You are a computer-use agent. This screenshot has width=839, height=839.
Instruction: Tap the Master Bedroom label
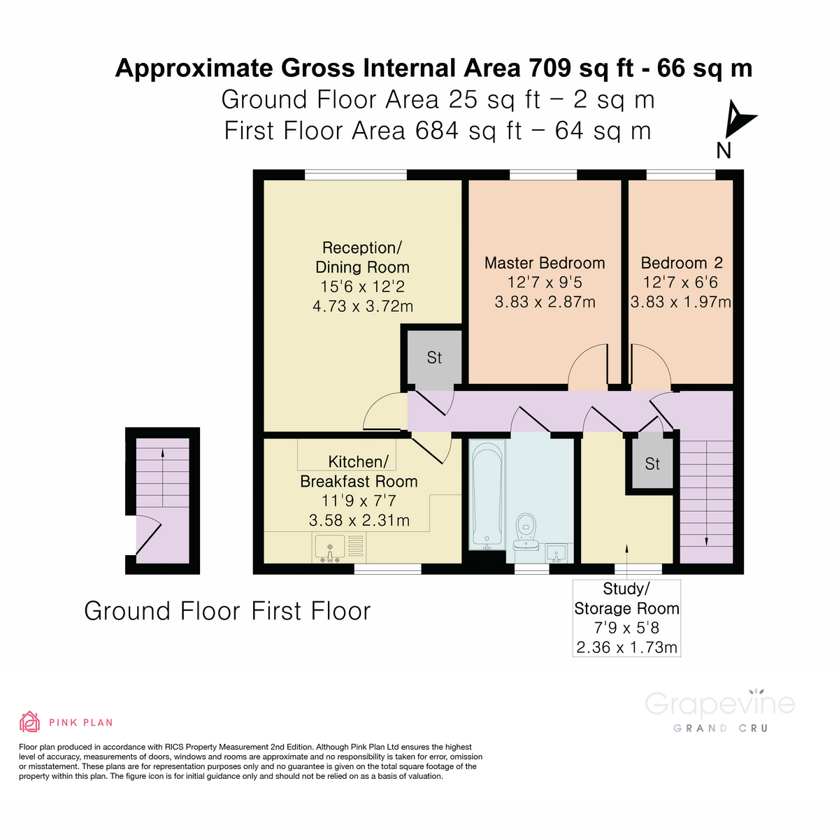point(544,264)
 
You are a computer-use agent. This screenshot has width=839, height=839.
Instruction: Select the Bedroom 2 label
point(681,264)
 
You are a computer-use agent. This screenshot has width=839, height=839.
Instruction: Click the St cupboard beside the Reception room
point(434,358)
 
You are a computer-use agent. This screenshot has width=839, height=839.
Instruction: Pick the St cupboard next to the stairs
point(652,464)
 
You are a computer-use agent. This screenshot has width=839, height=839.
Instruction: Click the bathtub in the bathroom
point(486,496)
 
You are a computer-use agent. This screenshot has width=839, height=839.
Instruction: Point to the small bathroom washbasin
point(559,553)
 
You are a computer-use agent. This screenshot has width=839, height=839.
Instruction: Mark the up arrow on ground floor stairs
point(163,453)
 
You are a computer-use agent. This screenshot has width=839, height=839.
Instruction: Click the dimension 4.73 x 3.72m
point(362,306)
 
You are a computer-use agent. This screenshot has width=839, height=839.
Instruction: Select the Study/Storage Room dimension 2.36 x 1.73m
point(626,647)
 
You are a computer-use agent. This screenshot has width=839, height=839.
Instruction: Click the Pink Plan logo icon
point(29,722)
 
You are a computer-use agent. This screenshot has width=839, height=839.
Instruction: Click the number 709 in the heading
point(550,69)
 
